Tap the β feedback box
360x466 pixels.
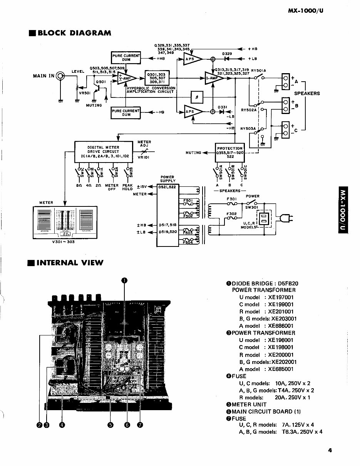tap(197, 97)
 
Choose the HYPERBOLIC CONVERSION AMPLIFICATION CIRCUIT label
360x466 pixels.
tap(151, 90)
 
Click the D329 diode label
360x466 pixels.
tap(227, 54)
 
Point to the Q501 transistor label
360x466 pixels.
tap(100, 82)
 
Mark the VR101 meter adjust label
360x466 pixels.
tap(143, 158)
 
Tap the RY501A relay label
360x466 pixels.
tap(258, 70)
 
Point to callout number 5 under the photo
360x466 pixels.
tap(111, 425)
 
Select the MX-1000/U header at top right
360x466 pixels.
tap(306, 11)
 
